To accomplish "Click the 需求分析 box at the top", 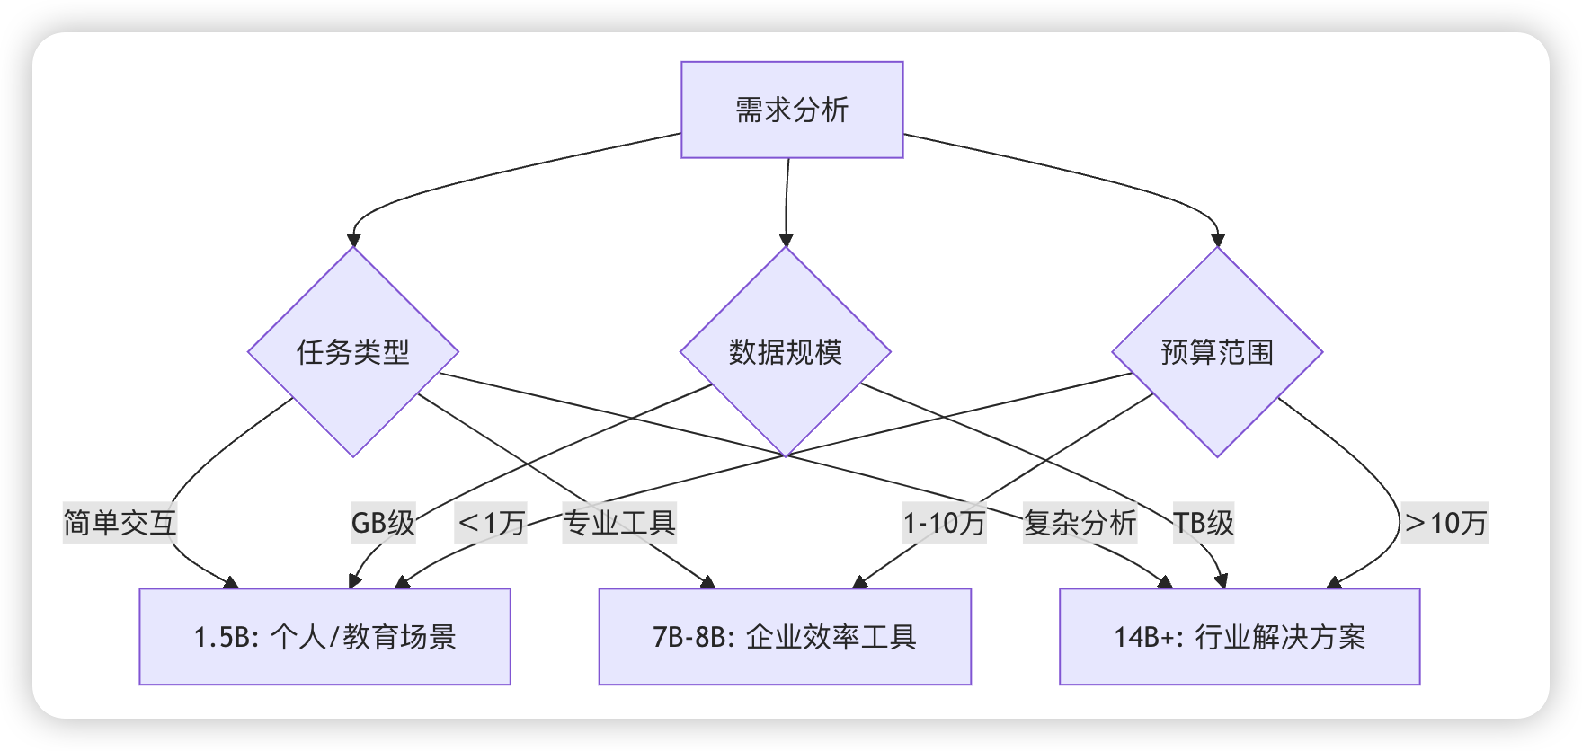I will pos(792,110).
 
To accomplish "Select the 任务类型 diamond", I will pos(353,351).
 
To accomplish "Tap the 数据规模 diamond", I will pos(786,351).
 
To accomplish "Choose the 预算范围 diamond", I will pos(1217,351).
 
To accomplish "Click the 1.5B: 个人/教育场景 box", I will pos(324,636).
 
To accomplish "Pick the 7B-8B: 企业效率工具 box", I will pos(785,636).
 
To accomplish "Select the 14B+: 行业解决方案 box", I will pos(1240,636).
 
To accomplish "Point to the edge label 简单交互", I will pos(120,522).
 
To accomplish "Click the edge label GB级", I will pos(383,522).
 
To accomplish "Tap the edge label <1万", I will pos(491,522).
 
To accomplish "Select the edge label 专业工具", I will pos(619,522).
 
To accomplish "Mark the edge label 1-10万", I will pos(945,522).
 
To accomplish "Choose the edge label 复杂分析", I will pos(1080,522).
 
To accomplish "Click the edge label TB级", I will pos(1204,522).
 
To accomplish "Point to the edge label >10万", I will pos(1445,522).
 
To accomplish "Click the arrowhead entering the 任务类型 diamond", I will pos(353,240).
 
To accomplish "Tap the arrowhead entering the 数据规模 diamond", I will pos(786,240).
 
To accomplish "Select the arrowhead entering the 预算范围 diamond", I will pos(1217,240).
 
